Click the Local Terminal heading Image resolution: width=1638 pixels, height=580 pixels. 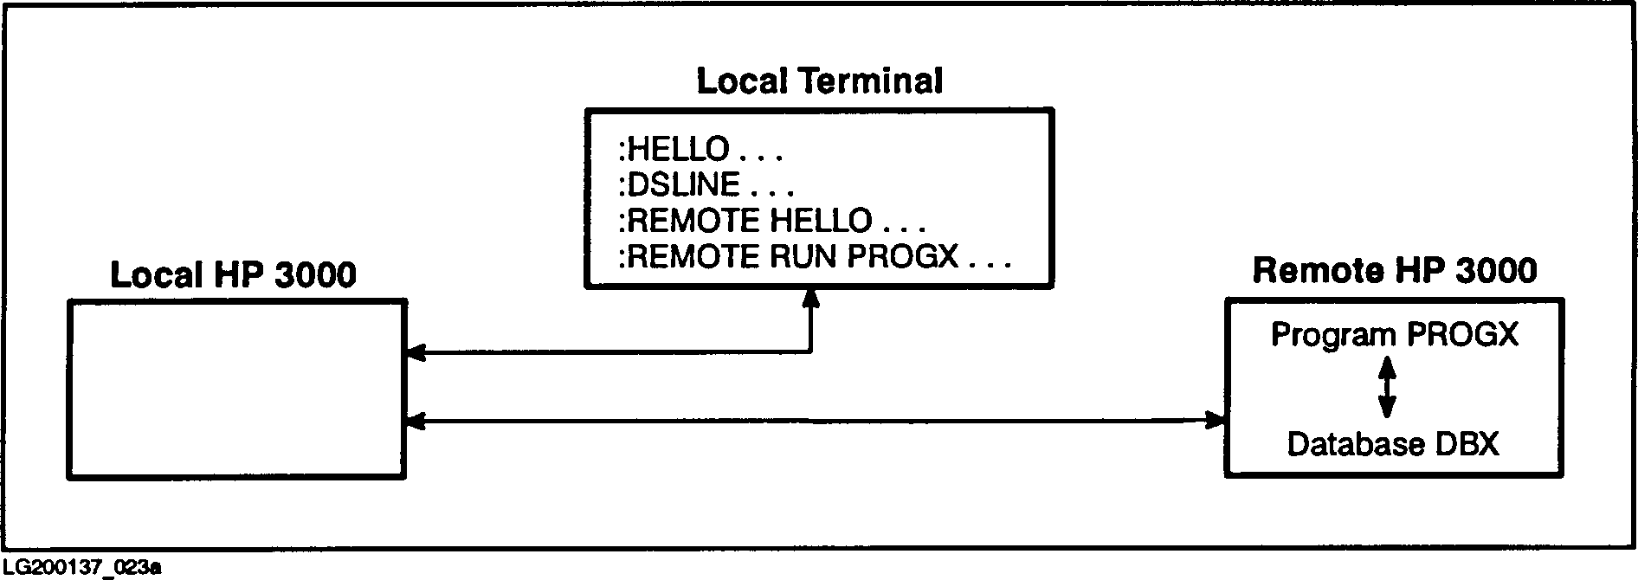[819, 81]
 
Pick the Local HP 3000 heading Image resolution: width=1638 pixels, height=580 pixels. [234, 275]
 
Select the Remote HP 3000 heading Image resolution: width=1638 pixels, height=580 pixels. [1394, 271]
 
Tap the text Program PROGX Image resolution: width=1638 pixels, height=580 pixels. [1394, 334]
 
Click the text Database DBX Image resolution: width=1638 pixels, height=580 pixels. [1392, 444]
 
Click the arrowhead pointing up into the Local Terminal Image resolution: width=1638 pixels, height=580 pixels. [810, 298]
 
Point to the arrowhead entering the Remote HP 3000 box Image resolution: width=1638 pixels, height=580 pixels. [1216, 422]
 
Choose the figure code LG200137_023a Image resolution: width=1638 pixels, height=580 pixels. [82, 567]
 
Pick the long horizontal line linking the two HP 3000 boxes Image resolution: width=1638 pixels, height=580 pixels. [814, 422]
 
